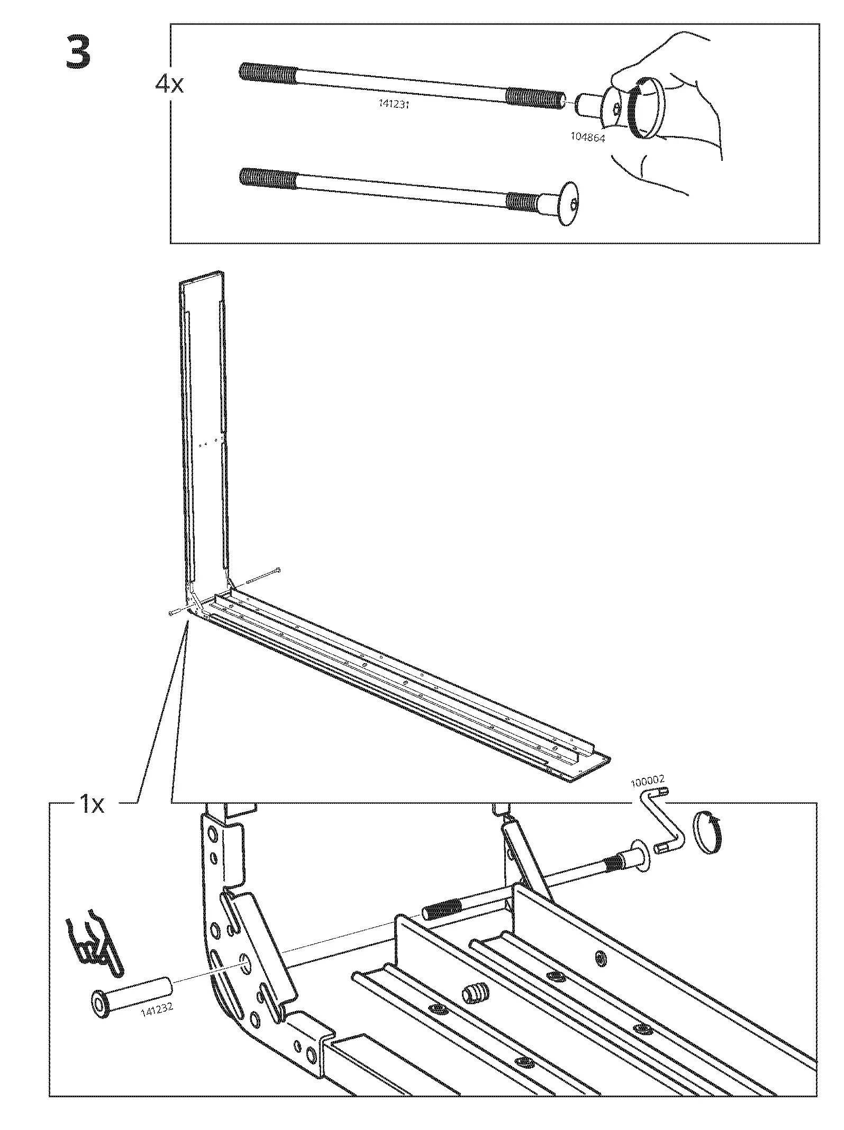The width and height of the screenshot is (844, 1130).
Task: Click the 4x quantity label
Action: (169, 85)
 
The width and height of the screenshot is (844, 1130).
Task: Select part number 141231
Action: (394, 104)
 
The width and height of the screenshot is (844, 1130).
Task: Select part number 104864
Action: (587, 136)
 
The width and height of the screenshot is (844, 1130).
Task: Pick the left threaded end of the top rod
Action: (267, 72)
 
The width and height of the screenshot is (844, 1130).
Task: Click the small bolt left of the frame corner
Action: (175, 613)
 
